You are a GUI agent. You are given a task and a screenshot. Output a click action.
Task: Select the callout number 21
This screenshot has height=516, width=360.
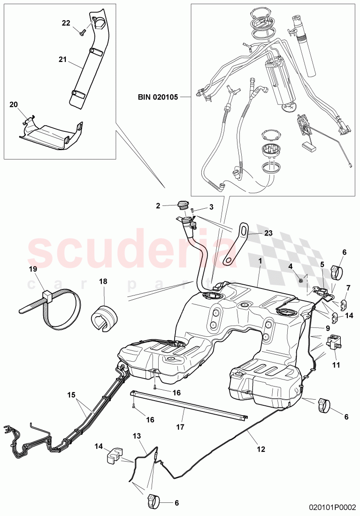coord(62,59)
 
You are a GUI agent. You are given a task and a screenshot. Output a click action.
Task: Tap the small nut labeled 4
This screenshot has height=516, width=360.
coord(299,280)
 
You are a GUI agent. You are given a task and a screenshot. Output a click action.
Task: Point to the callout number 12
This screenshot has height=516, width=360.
coord(261,449)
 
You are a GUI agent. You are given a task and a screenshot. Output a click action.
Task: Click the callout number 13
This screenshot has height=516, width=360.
coord(137,436)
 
